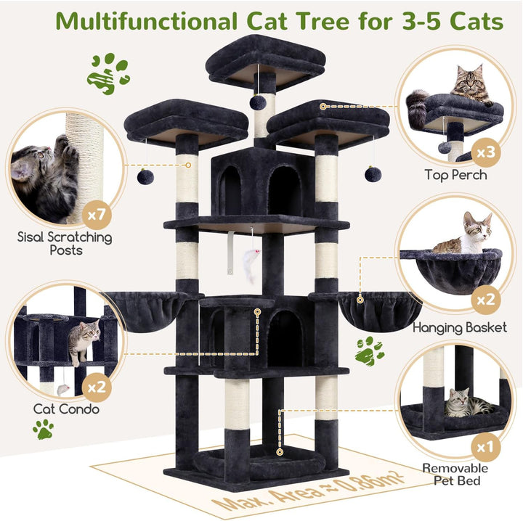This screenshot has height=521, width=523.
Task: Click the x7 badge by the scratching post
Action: coord(97,215)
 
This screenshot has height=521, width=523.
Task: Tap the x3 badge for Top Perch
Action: coord(486,152)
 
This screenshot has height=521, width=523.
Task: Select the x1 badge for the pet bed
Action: coord(486,448)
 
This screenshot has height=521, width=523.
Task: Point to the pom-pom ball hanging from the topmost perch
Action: coord(258,102)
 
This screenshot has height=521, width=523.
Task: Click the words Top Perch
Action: coord(455,175)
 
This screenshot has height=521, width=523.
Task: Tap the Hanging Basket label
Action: coord(460,328)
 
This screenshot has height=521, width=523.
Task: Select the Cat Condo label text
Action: coord(66,409)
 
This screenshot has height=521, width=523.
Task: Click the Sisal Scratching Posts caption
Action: coord(65,244)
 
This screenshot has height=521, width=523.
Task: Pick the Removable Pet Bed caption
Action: coord(455,475)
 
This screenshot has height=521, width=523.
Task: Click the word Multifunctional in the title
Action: coord(146,22)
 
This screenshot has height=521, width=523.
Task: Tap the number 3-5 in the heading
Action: coord(421,22)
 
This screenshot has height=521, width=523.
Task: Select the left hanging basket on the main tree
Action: coord(147,311)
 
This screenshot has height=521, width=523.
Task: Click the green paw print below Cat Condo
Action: coord(44,429)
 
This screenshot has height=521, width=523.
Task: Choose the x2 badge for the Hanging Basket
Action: coord(486,300)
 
